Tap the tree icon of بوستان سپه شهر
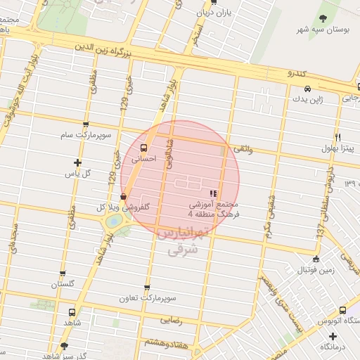tap(323, 19)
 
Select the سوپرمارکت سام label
tap(84, 134)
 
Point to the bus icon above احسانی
tap(144, 148)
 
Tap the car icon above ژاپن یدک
tap(307, 89)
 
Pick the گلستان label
tap(63, 285)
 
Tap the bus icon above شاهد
tap(72, 311)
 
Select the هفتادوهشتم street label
tap(166, 342)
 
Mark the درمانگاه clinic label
tap(335, 347)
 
